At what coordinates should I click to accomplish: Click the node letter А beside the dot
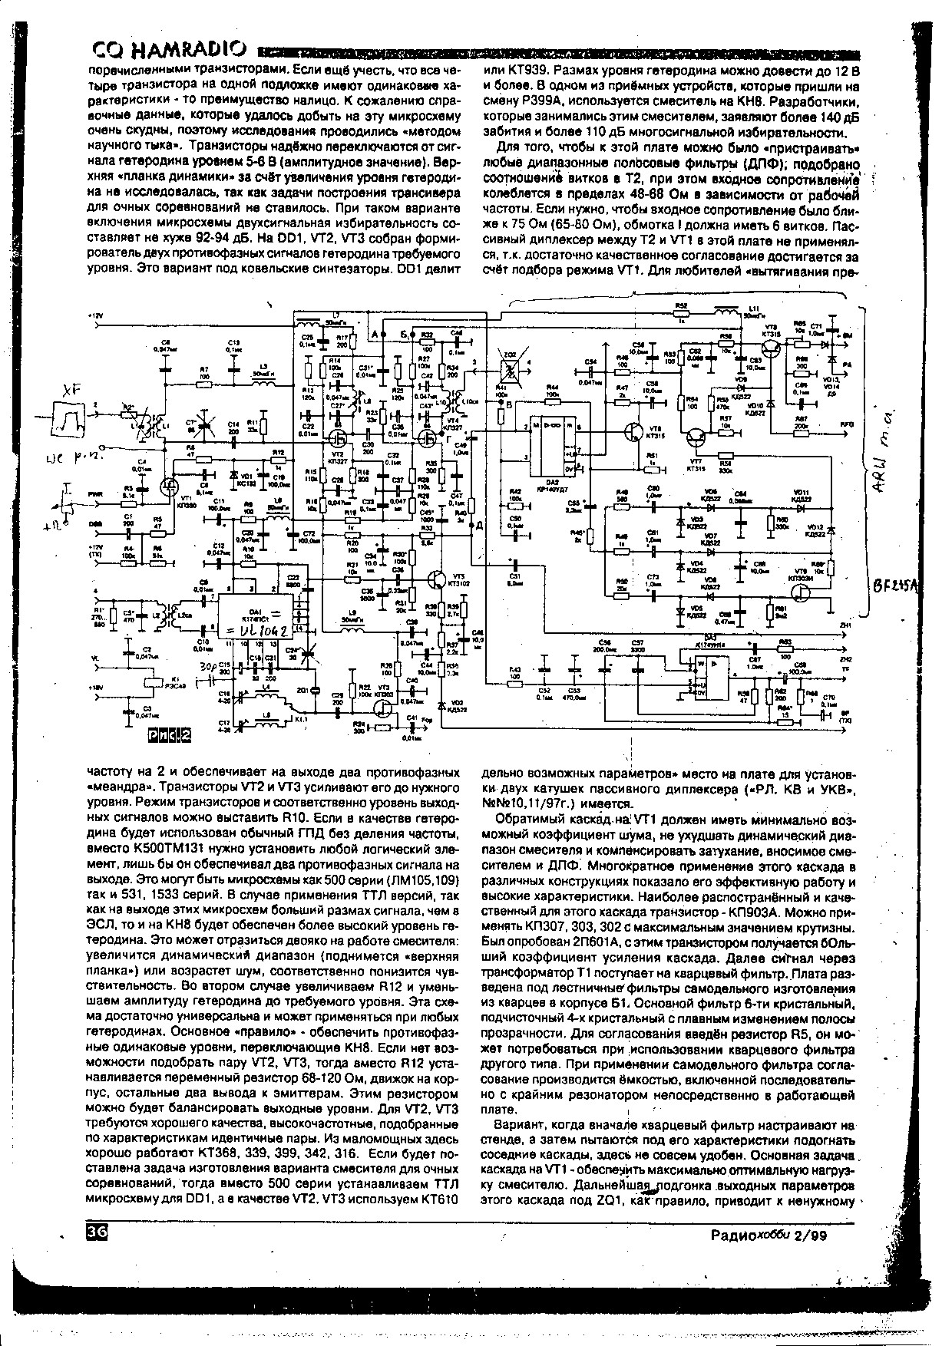coord(374,336)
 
